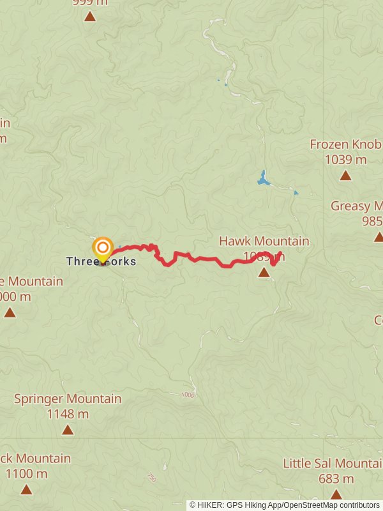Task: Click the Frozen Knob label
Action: [345, 144]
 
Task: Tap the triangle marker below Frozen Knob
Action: [345, 175]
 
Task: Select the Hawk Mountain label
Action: [264, 241]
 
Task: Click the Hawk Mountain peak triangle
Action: [264, 273]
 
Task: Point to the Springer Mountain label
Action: [68, 399]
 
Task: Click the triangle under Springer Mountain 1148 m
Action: [68, 430]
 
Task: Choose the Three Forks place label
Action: [101, 261]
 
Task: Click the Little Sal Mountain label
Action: [333, 463]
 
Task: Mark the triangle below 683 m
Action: [336, 494]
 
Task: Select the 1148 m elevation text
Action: [68, 414]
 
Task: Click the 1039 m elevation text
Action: [345, 160]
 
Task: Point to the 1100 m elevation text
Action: [26, 474]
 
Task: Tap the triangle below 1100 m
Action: [26, 490]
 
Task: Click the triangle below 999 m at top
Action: [90, 16]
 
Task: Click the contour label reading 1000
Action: [187, 395]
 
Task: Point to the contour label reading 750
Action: [152, 477]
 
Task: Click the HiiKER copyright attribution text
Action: [285, 505]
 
